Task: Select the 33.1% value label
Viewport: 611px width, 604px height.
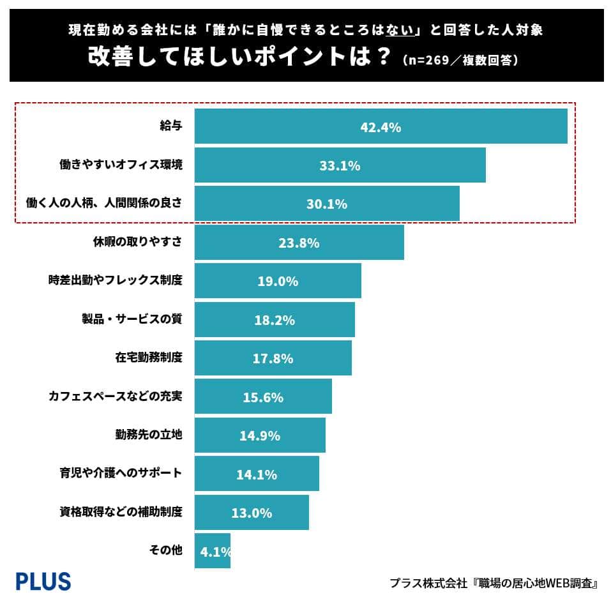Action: pos(340,166)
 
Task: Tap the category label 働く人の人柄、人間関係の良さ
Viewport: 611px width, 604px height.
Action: pos(104,204)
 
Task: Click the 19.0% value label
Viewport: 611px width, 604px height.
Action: pos(278,282)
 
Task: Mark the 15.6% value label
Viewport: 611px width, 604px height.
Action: pos(263,397)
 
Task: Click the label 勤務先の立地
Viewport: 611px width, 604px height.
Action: pos(149,435)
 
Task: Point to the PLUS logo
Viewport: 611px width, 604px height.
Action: pos(43,581)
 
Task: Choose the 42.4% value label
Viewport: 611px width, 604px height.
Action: pos(381,127)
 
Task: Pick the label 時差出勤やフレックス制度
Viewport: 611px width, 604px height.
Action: pos(116,281)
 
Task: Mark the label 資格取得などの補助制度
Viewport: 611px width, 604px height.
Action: pos(121,512)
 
